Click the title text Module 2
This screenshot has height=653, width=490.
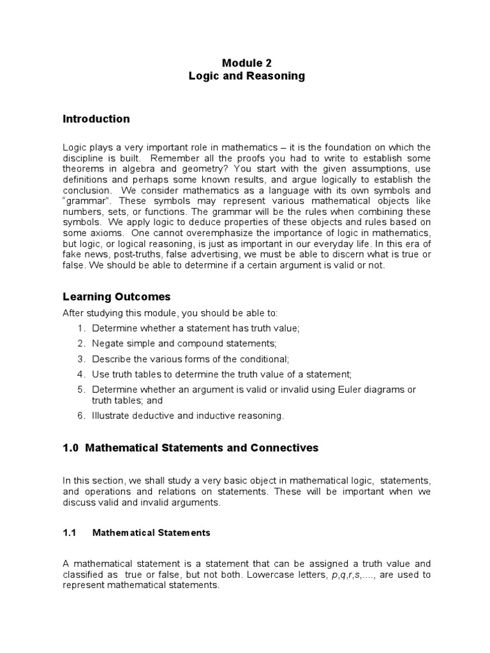[246, 62]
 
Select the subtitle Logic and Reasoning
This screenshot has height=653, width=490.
[246, 76]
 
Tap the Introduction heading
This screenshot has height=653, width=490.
[96, 119]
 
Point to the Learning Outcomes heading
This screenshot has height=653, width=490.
[116, 297]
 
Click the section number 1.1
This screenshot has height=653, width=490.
[70, 532]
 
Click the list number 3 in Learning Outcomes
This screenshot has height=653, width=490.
[81, 360]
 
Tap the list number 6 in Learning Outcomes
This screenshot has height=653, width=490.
[81, 416]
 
